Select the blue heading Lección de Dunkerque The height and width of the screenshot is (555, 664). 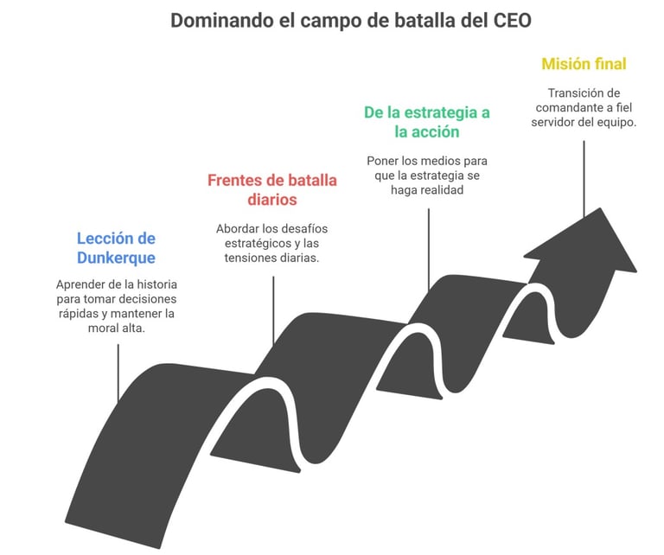[116, 247]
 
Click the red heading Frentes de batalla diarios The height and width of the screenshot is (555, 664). [271, 190]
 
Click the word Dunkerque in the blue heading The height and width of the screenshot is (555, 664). [116, 257]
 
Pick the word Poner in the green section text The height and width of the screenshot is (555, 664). [382, 160]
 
